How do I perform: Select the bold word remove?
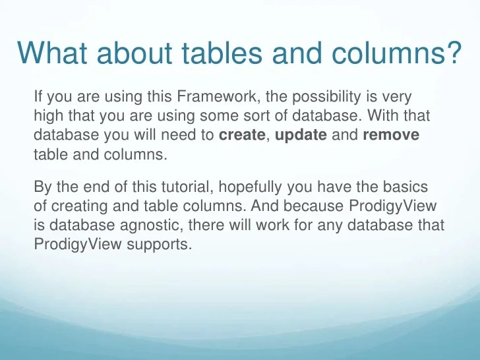click(391, 136)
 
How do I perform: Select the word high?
click(45, 117)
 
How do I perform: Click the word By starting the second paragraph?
click(41, 187)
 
